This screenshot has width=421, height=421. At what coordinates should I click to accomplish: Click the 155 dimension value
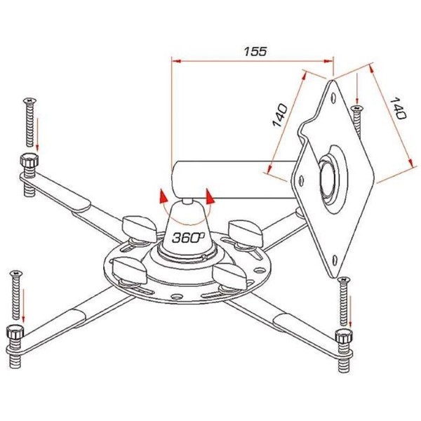tap(255, 51)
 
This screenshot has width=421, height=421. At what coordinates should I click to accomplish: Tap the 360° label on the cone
tap(188, 237)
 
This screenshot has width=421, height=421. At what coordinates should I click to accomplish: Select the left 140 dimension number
tap(280, 115)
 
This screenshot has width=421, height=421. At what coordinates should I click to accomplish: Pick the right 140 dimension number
tap(398, 108)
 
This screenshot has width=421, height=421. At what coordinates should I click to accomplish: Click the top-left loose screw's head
tap(29, 100)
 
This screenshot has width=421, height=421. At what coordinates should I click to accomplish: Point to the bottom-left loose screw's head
tap(16, 274)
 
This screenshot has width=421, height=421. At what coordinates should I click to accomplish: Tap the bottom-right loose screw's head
tap(344, 280)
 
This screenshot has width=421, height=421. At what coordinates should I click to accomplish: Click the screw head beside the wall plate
tap(357, 107)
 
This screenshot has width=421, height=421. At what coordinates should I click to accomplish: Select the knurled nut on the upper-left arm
tap(29, 160)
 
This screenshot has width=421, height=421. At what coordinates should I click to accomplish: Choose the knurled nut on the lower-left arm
tap(15, 332)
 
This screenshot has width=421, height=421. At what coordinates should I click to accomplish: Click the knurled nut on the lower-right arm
tap(344, 336)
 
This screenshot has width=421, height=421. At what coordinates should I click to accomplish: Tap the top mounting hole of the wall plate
tap(333, 98)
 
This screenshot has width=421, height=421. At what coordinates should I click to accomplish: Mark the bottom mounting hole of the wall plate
tap(335, 260)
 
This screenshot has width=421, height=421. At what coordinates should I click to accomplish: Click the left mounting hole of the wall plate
tap(301, 180)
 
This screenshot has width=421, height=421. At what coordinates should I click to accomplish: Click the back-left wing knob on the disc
tap(139, 229)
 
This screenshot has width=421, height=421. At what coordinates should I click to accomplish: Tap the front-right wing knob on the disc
tap(229, 276)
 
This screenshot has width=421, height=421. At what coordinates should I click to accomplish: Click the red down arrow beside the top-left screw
tap(37, 134)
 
